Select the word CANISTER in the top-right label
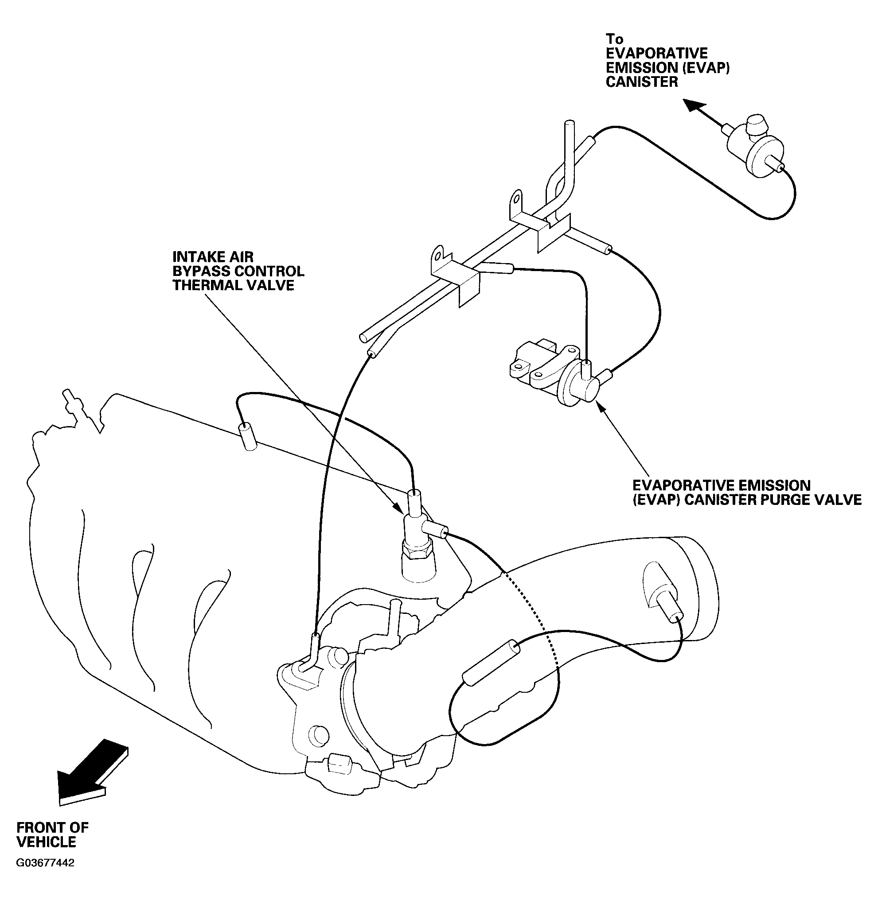641,82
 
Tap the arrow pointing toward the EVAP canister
701,112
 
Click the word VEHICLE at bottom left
46,842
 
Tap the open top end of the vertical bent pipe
570,124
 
